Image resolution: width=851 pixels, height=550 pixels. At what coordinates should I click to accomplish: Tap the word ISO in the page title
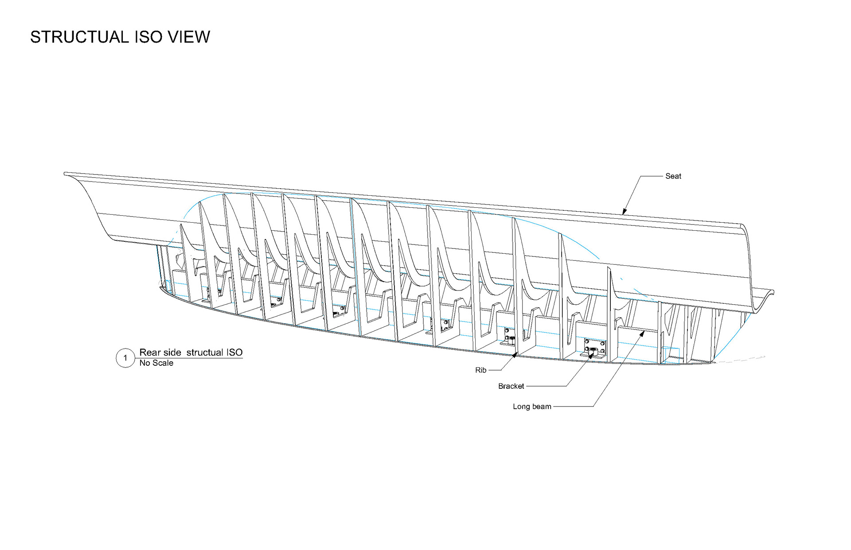tap(148, 37)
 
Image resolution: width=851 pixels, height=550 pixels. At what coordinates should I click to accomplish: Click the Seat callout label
tap(673, 176)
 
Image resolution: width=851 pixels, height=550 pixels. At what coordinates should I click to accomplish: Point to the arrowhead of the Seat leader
tap(624, 213)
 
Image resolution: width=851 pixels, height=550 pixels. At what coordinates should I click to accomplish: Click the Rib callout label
tap(480, 370)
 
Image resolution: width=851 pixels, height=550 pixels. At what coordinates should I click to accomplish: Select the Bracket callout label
tap(511, 386)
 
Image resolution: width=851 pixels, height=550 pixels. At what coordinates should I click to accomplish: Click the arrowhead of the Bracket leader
tap(592, 355)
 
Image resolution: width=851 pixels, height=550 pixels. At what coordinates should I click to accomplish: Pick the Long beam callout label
tap(532, 407)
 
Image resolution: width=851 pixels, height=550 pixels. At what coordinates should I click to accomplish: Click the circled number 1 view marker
tap(125, 358)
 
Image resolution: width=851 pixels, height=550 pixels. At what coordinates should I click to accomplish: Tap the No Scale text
tap(156, 363)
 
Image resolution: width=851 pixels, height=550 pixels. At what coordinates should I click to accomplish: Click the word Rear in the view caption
tap(150, 352)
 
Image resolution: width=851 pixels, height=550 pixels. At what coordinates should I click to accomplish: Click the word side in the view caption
tap(172, 352)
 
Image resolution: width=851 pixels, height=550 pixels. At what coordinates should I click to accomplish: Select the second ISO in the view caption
tap(234, 352)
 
